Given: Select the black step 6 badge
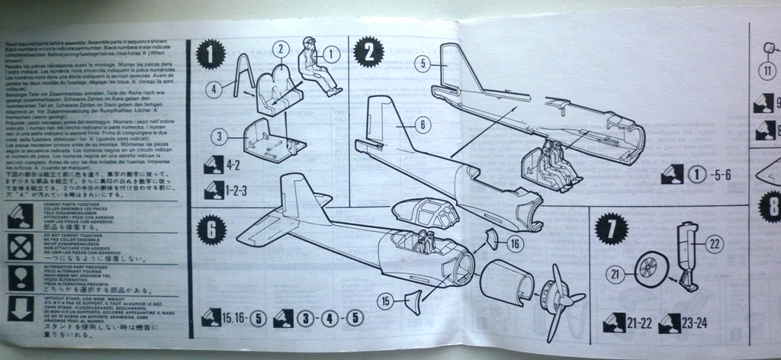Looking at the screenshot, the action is click(211, 227).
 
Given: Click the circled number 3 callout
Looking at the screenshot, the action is click(220, 137).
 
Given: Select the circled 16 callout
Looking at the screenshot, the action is click(516, 243).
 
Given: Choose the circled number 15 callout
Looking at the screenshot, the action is click(386, 301).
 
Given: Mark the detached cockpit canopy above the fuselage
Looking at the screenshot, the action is click(418, 214).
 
